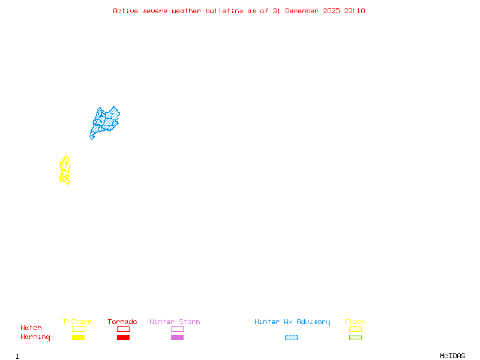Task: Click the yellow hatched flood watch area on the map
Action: click(65, 170)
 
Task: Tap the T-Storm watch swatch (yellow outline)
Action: click(78, 329)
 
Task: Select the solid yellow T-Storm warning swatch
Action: click(78, 337)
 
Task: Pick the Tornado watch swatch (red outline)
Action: click(123, 329)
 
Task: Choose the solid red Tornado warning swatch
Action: click(123, 337)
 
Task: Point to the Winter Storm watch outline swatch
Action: click(177, 329)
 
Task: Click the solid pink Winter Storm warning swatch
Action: click(177, 337)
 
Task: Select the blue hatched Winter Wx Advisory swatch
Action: click(291, 337)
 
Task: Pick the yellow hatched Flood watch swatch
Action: click(355, 329)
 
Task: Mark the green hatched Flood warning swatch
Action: click(355, 337)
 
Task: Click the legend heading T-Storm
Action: click(77, 322)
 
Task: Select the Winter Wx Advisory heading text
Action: click(292, 322)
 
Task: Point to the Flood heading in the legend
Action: click(355, 322)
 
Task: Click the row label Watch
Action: click(31, 328)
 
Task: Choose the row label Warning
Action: click(35, 337)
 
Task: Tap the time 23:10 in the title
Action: click(355, 11)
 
